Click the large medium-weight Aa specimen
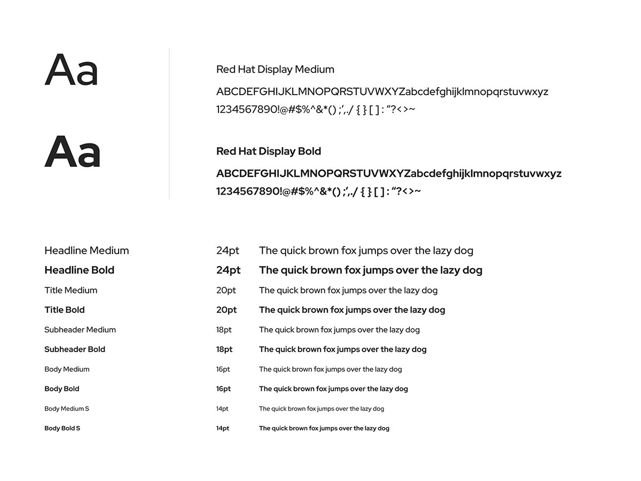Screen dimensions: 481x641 71,71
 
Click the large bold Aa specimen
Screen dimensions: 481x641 72,152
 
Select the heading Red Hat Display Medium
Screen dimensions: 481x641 275,69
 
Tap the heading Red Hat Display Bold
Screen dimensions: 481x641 269,151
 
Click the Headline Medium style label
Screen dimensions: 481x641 87,251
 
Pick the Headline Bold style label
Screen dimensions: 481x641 79,270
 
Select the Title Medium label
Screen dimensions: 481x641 71,290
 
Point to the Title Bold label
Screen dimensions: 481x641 64,310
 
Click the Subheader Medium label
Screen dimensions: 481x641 80,330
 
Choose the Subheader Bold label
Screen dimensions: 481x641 75,350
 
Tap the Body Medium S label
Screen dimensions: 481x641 67,409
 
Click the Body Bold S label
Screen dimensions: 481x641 62,429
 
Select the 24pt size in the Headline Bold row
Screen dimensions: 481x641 228,270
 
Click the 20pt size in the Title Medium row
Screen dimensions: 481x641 226,290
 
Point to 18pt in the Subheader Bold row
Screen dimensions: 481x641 224,350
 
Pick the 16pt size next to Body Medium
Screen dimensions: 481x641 223,369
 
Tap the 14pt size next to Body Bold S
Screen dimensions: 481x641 223,429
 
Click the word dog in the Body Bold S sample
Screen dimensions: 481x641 383,429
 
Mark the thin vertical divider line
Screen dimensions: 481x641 169,123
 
